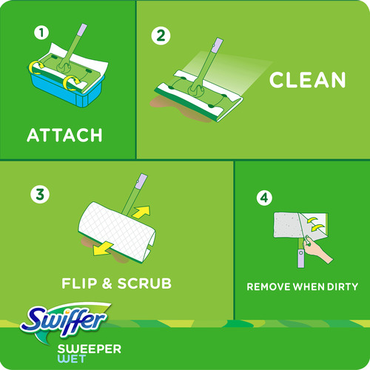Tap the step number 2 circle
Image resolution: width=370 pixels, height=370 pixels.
click(158, 36)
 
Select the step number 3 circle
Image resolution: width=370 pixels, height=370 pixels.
click(38, 195)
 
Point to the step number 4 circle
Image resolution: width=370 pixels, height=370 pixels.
click(263, 198)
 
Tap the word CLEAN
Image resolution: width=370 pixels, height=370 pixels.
click(308, 80)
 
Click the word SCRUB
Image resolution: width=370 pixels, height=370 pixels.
click(145, 283)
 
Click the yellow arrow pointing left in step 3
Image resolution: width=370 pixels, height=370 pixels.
click(104, 249)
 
